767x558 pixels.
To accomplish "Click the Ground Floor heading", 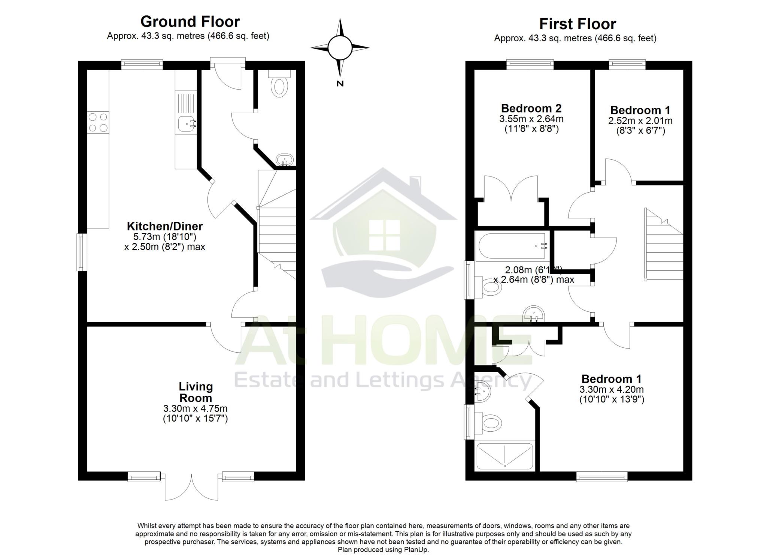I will pos(190,22).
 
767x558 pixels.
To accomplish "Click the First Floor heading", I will pos(577,24).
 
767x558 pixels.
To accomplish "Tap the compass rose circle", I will pos(340,48).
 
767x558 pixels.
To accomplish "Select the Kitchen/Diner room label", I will pos(165,226).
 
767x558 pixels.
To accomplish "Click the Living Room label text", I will pos(195,392).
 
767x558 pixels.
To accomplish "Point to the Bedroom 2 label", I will pos(531,108).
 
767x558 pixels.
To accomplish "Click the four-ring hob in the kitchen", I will pos(98,123).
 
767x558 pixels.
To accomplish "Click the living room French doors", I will pos(191,487).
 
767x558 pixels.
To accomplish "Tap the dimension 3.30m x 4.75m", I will pos(195,408).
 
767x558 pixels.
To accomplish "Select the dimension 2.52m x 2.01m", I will pos(640,121).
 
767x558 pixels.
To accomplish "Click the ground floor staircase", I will pos(277,232).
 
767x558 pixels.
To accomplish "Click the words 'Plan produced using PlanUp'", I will pos(383,550).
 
